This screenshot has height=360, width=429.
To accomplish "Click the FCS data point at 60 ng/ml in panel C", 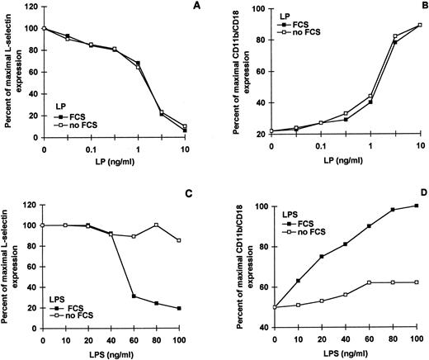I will [x=134, y=296].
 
